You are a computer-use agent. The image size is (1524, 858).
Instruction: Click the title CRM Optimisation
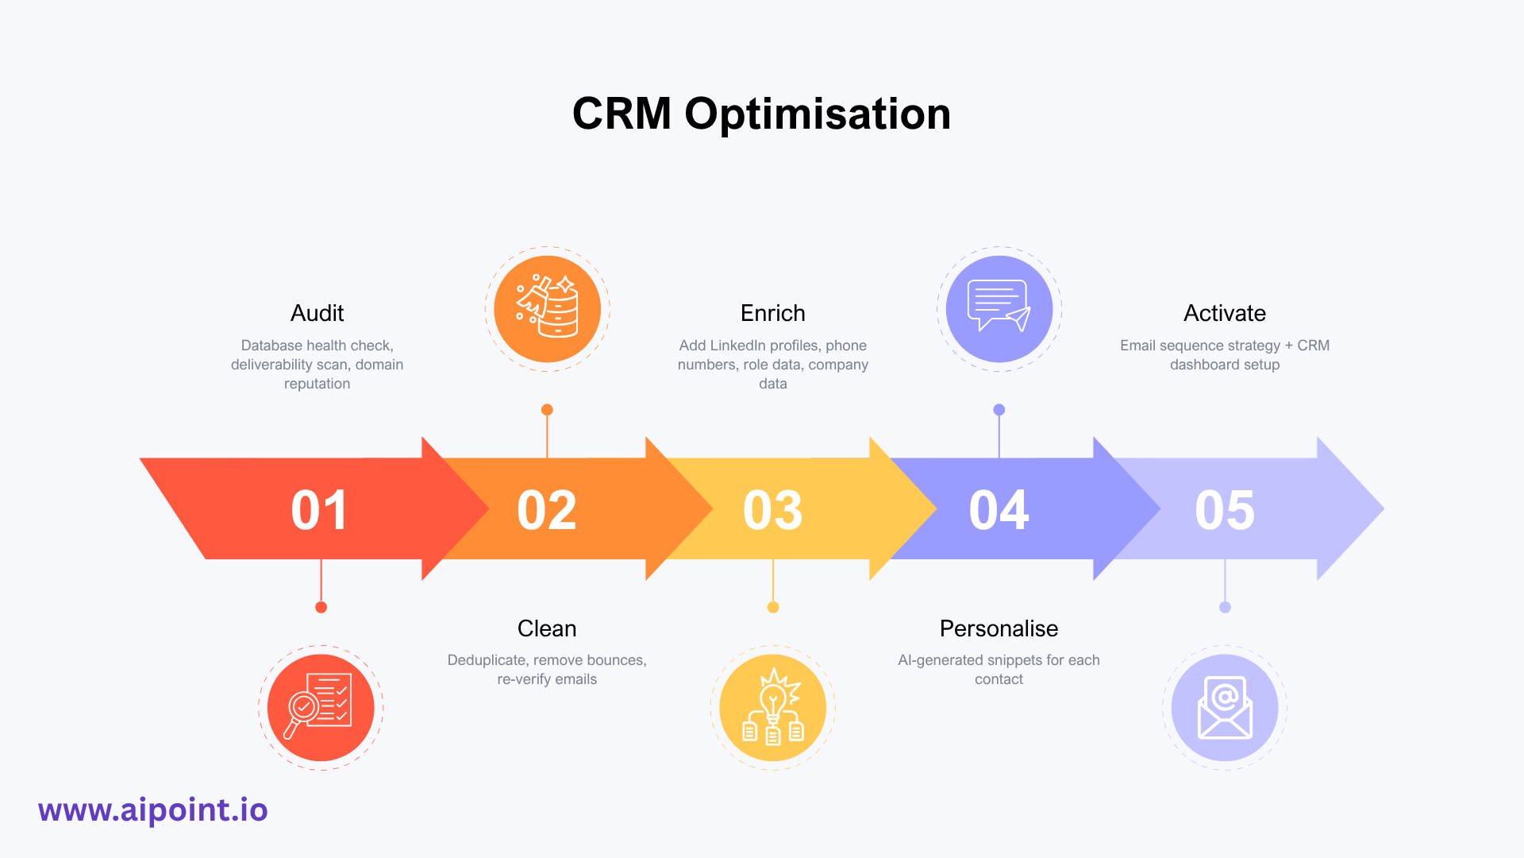coord(761,114)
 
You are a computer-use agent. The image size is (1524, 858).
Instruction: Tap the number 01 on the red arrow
coord(319,510)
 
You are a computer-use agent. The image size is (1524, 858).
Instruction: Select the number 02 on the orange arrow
coord(546,510)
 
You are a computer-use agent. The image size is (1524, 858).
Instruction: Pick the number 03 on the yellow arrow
coord(772,510)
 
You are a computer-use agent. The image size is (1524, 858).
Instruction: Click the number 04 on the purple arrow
coord(999,510)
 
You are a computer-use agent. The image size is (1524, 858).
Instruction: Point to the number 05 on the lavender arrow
coord(1225,510)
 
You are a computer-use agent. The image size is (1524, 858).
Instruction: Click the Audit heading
coord(317,313)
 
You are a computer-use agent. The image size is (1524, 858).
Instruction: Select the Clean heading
coord(547,628)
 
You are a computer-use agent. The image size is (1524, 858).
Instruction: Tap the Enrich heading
coord(772,313)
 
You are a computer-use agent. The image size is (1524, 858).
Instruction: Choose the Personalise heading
coord(999,628)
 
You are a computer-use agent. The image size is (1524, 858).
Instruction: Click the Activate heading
coord(1225,313)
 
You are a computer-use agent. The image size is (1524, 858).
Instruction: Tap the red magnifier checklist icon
coord(321,707)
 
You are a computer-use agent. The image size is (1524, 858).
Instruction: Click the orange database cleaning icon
coord(547,309)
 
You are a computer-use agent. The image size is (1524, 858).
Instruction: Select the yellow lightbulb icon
coord(772,707)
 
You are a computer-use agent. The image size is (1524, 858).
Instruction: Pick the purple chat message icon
coord(999,309)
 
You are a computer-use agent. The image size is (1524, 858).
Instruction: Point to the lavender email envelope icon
coord(1225,707)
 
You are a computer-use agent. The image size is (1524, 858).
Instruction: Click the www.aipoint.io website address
coord(153,810)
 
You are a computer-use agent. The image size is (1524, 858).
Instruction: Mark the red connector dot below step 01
coord(321,607)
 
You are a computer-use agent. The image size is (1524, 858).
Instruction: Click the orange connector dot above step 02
coord(547,410)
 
